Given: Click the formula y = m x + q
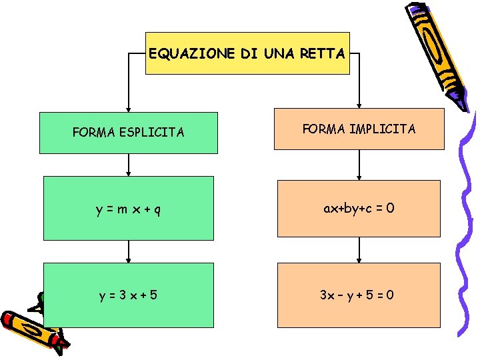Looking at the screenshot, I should coord(128,209).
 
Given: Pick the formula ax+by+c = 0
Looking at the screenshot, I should coord(359,208).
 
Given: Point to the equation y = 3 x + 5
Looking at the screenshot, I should coord(128,295).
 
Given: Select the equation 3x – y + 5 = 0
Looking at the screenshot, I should coord(359,295).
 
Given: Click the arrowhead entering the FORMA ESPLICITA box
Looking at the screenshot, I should coord(128,107).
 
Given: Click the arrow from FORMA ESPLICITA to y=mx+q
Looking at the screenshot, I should coord(128,165).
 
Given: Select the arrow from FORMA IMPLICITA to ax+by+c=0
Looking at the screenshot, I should coord(359,165).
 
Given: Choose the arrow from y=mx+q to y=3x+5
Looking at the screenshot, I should coord(128,251).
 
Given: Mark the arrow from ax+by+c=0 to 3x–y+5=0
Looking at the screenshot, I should coord(359,250).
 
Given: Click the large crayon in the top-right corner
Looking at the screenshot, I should coord(437,53).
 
